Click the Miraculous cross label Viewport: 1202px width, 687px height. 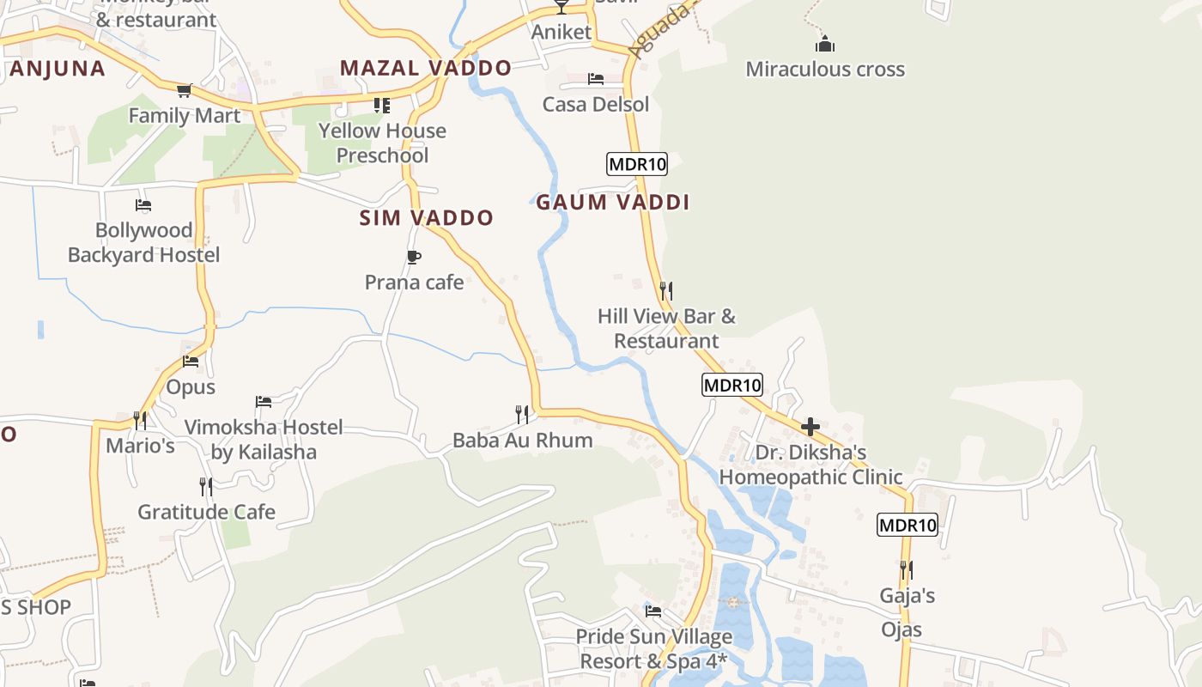click(824, 69)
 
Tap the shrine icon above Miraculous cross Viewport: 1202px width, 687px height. click(825, 44)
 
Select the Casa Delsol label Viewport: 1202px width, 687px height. click(595, 105)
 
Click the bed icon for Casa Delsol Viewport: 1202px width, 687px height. click(596, 79)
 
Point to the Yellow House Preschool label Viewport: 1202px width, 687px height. click(382, 143)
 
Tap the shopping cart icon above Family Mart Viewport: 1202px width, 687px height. click(184, 90)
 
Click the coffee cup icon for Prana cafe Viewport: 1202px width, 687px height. click(414, 257)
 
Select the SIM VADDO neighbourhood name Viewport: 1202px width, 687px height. click(426, 218)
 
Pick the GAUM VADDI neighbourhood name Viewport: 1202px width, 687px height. click(613, 203)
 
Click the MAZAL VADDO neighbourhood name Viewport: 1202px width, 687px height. click(425, 68)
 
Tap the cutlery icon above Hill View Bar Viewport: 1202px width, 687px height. click(666, 290)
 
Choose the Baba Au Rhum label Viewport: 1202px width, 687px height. click(522, 441)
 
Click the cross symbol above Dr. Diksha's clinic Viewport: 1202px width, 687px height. click(810, 427)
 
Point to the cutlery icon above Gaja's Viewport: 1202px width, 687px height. click(906, 569)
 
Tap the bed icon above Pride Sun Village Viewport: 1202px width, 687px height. click(653, 611)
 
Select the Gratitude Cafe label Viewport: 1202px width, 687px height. click(206, 513)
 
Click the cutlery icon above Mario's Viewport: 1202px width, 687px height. click(139, 420)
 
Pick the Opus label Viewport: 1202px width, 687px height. click(191, 387)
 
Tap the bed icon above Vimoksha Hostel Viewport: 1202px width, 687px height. click(264, 402)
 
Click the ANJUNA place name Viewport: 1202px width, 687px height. click(58, 69)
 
